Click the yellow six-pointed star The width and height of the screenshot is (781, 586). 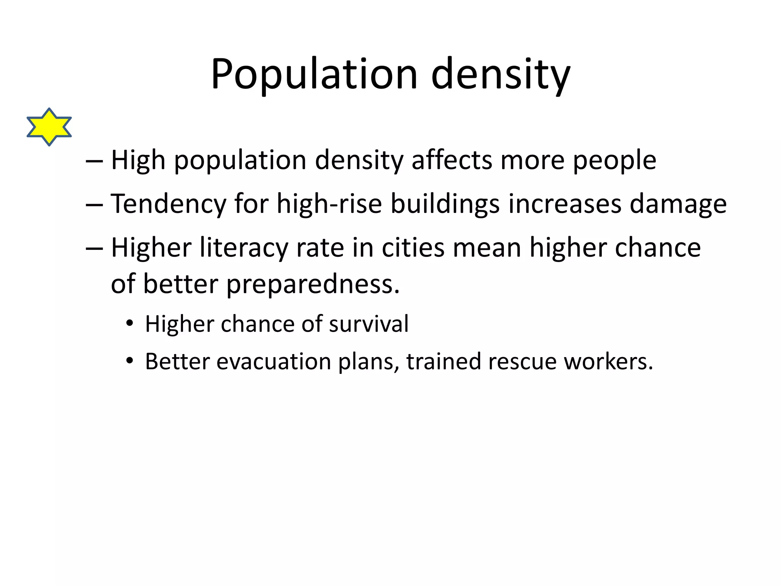(49, 127)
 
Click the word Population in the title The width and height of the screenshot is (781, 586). (314, 74)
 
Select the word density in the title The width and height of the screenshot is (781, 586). (500, 74)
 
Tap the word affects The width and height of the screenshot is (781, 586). (452, 160)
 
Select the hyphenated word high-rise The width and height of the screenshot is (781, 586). (329, 204)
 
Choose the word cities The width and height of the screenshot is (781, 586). (413, 248)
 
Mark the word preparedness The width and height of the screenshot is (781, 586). (313, 285)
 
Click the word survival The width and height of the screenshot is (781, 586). (369, 324)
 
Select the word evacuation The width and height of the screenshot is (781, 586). (274, 361)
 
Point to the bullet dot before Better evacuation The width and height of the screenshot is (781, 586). (130, 361)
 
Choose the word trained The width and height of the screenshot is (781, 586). (444, 361)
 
